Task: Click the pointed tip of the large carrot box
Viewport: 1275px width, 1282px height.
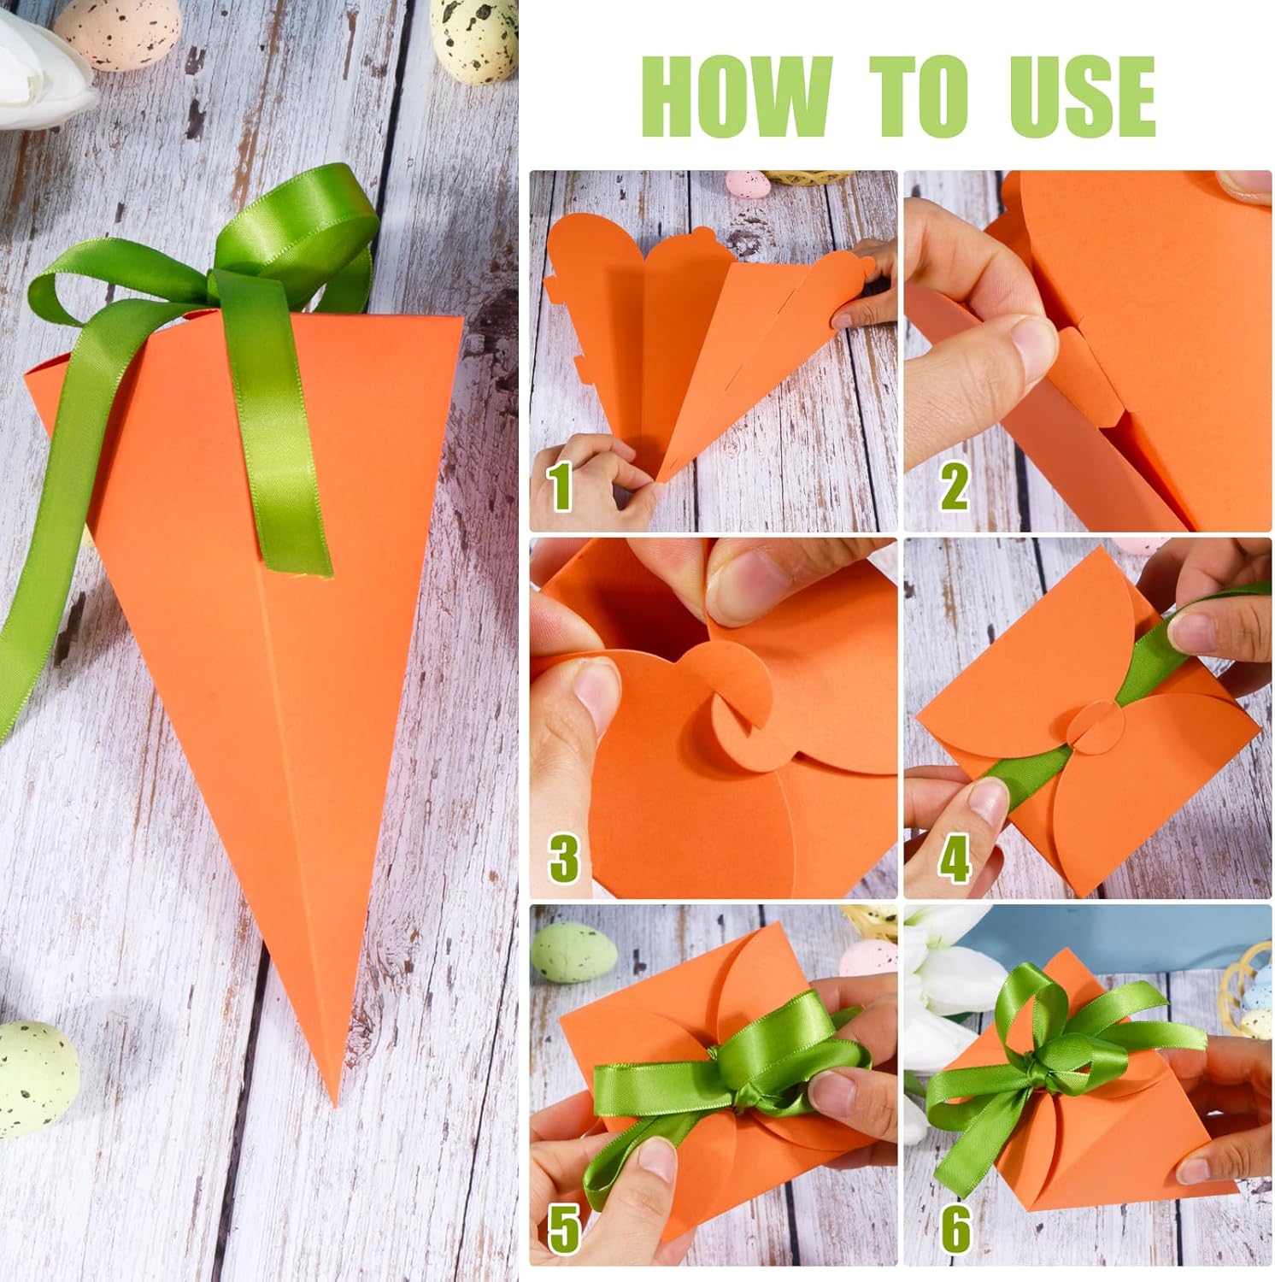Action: click(x=335, y=1103)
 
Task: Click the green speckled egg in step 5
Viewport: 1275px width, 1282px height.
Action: click(x=569, y=954)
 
